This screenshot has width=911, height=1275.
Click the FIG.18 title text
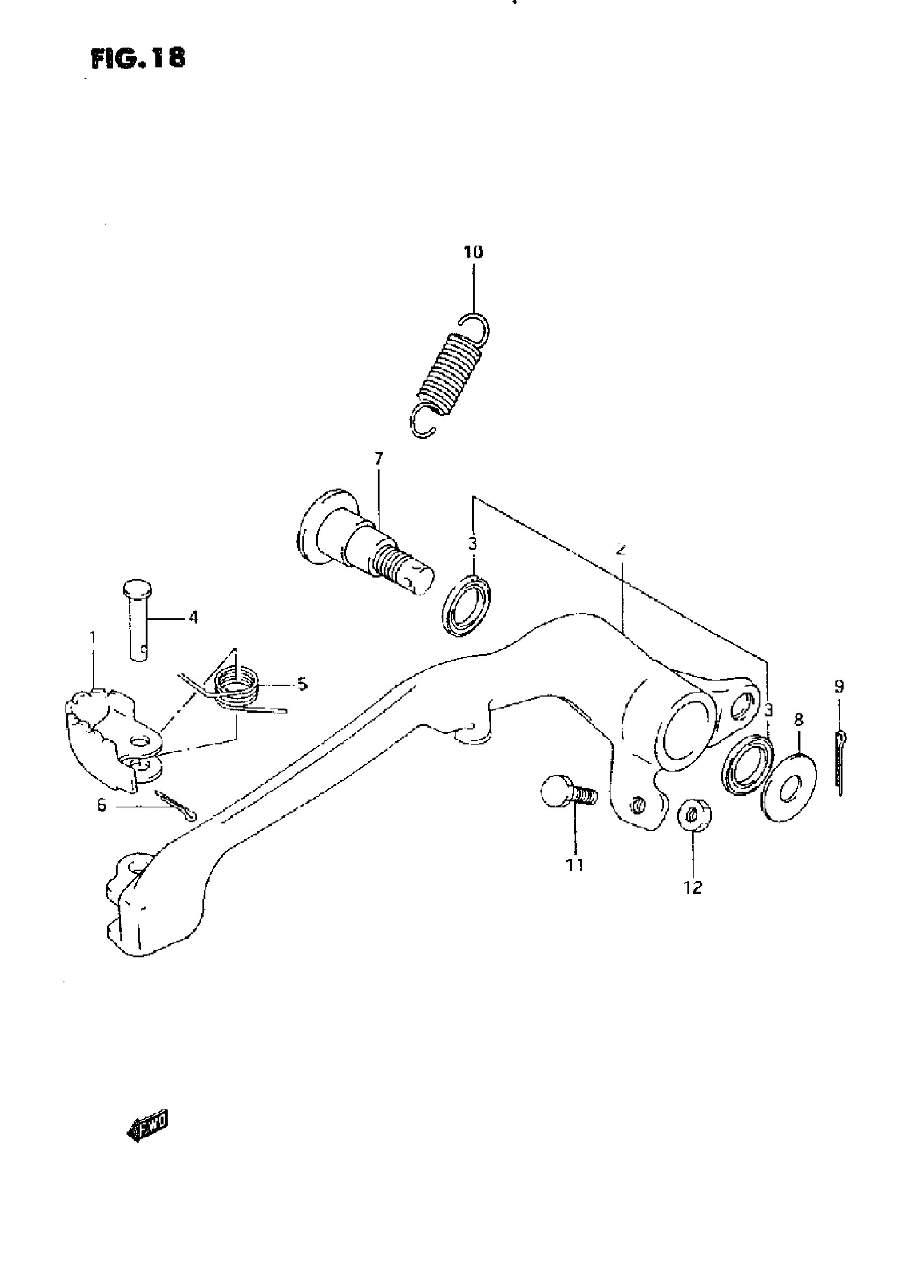pyautogui.click(x=138, y=58)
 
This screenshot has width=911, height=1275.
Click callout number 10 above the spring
pyautogui.click(x=473, y=252)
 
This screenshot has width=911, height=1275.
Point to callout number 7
pyautogui.click(x=379, y=459)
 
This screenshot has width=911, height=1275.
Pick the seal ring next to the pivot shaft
pyautogui.click(x=466, y=604)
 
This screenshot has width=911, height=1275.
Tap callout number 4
pyautogui.click(x=193, y=618)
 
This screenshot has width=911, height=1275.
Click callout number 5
pyautogui.click(x=302, y=684)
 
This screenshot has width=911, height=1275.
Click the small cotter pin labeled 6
pyautogui.click(x=176, y=806)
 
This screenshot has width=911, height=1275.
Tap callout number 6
pyautogui.click(x=101, y=805)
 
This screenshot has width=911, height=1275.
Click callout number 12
pyautogui.click(x=693, y=888)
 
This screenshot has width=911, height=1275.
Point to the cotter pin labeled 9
pyautogui.click(x=840, y=762)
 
